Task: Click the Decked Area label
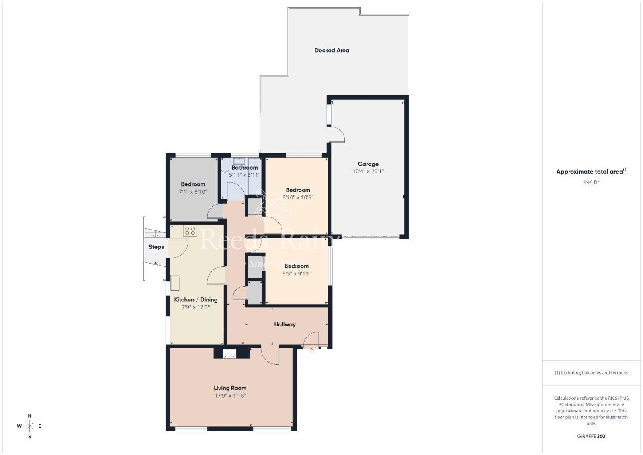(x=332, y=50)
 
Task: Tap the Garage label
(x=368, y=164)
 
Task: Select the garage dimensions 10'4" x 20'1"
(x=368, y=172)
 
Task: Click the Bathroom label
(x=244, y=168)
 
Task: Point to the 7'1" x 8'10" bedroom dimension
(x=193, y=192)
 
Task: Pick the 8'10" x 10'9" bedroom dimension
(x=298, y=197)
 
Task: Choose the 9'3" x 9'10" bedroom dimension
(x=297, y=274)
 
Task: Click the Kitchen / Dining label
(x=196, y=300)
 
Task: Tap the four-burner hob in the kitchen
(x=190, y=231)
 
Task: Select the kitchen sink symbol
(x=175, y=283)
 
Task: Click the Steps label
(x=156, y=247)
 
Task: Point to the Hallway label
(x=285, y=324)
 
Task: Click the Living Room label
(x=230, y=388)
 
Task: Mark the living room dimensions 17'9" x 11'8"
(x=230, y=396)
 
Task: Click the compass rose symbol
(x=29, y=426)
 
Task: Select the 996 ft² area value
(x=591, y=182)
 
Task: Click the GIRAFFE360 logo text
(x=591, y=436)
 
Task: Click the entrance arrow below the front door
(x=311, y=351)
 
